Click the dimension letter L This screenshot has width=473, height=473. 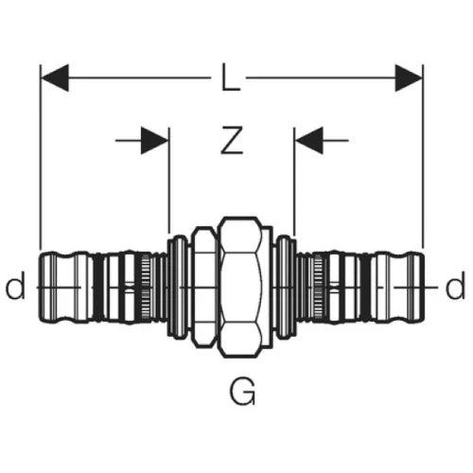coord(231,78)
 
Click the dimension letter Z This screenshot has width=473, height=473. coord(232,140)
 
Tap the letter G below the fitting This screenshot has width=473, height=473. coord(242,392)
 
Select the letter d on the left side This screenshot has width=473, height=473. coord(15,286)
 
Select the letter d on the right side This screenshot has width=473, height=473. coord(455,286)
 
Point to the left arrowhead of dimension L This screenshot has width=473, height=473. coord(55,78)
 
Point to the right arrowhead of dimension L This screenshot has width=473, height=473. coord(409,78)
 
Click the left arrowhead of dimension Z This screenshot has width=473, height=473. coord(154,141)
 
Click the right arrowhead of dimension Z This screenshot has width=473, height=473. coord(309,141)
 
